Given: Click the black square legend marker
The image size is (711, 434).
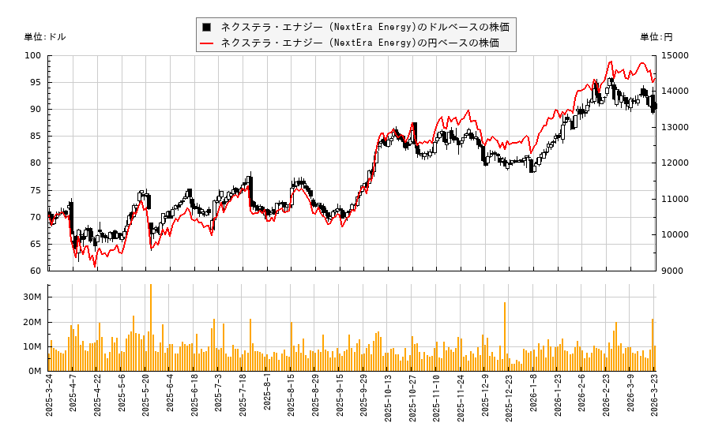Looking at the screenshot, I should tap(207, 27).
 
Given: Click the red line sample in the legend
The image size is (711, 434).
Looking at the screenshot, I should tap(207, 43).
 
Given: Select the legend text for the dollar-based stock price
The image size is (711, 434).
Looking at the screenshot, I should tap(364, 27).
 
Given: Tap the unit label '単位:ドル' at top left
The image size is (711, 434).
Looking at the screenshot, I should tap(45, 37).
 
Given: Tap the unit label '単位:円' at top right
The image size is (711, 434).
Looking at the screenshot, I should tap(656, 37).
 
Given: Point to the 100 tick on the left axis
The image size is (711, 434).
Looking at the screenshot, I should tap(33, 56).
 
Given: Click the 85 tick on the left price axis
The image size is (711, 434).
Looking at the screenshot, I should tap(36, 137).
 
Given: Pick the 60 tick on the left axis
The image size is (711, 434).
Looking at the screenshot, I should tap(36, 271).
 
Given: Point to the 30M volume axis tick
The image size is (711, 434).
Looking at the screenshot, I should tap(32, 297).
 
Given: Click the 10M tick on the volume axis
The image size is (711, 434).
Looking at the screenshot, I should tap(32, 346).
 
